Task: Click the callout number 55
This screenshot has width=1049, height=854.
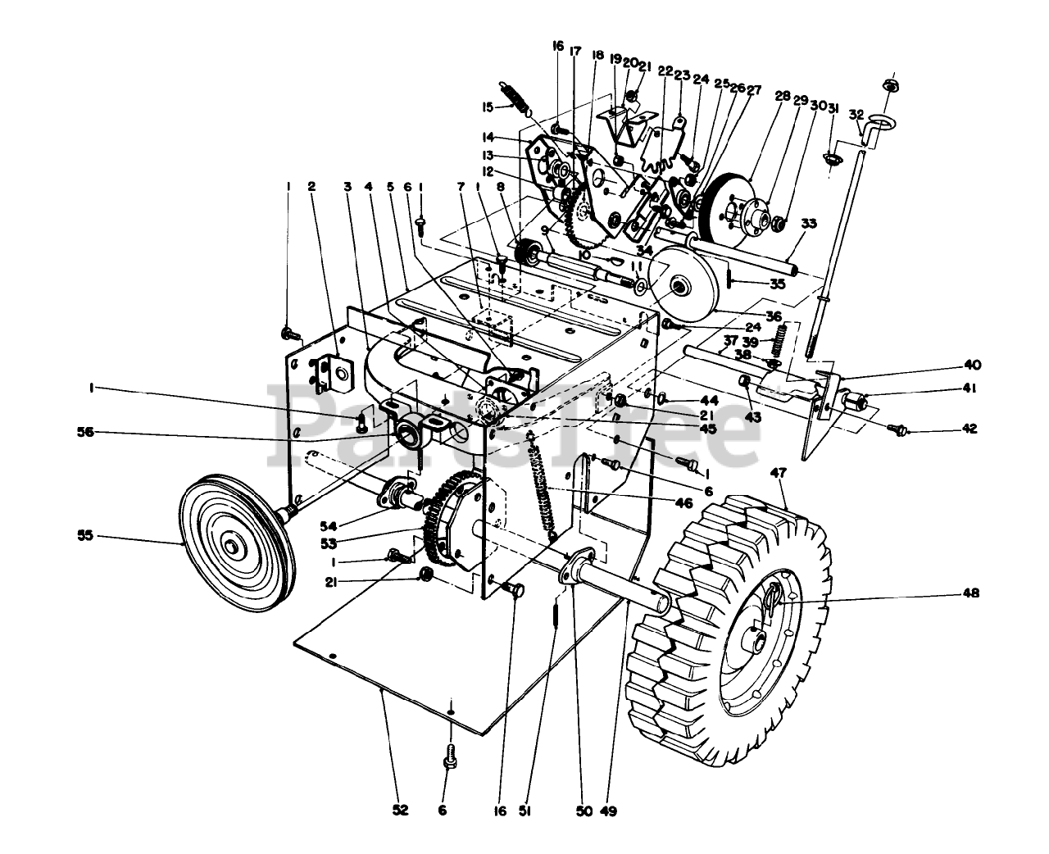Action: (x=85, y=536)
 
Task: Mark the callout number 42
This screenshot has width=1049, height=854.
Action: (x=970, y=428)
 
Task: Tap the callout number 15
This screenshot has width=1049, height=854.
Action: (x=486, y=107)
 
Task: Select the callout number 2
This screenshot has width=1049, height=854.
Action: (x=311, y=187)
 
